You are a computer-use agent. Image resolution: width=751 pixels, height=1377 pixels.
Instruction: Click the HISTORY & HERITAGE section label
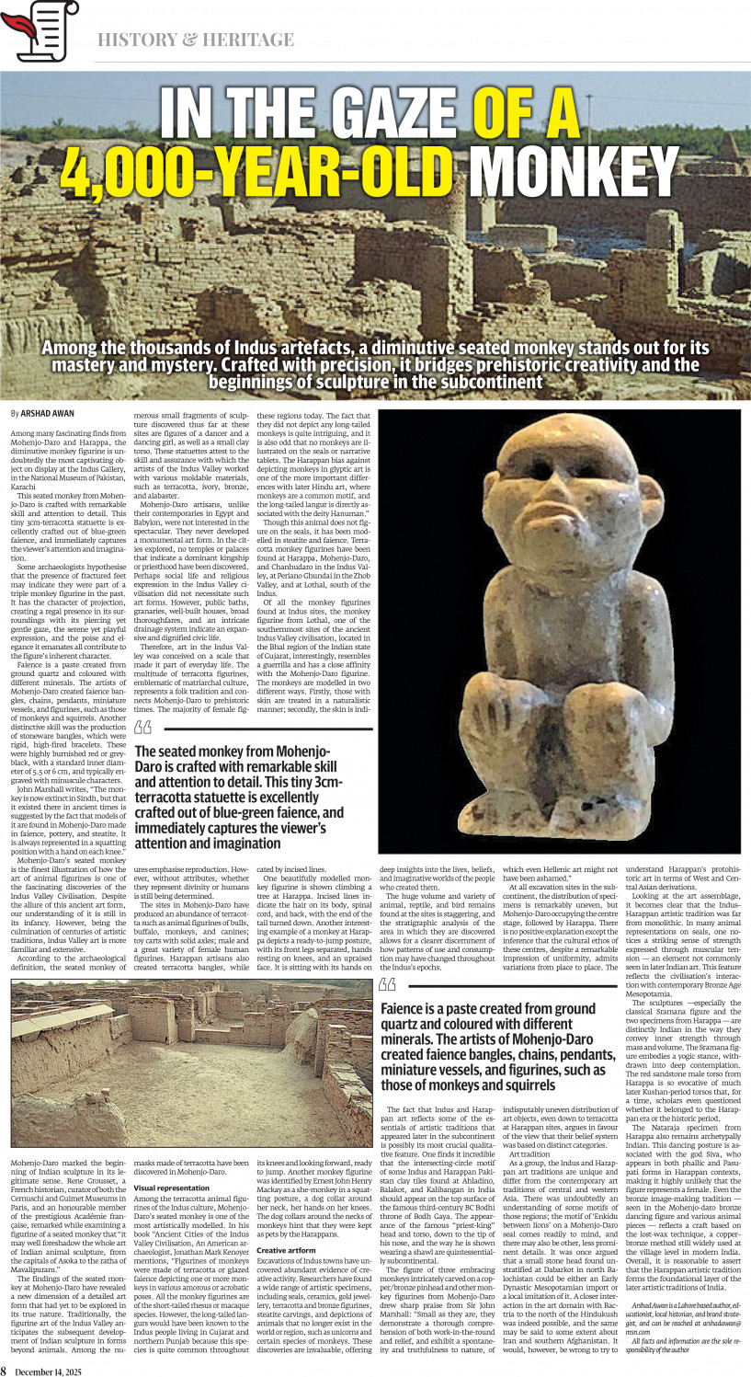pos(196,40)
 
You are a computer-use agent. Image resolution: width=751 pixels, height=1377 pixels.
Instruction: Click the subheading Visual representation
pos(171,1188)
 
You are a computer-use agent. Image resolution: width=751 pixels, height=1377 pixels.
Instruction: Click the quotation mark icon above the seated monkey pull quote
pos(142,729)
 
